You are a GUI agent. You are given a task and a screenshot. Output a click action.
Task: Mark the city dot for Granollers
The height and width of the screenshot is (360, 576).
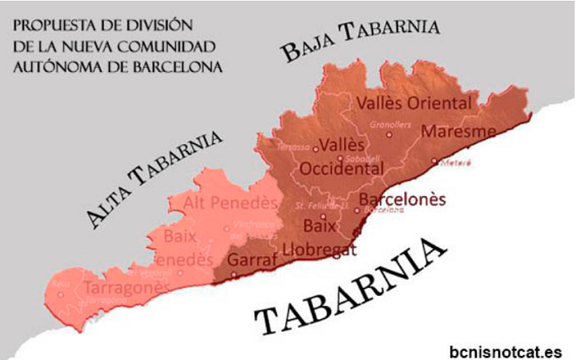point(389,134)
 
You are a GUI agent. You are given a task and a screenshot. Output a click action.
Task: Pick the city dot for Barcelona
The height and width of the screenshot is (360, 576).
point(357,210)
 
